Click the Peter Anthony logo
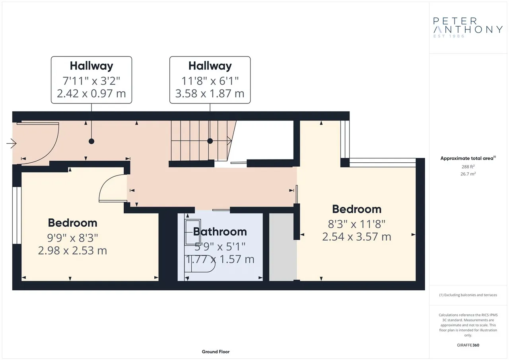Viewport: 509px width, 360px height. click(468, 28)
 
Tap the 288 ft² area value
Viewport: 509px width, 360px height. click(468, 167)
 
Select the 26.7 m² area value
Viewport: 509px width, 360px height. click(468, 174)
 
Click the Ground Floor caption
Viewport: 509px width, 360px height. click(216, 352)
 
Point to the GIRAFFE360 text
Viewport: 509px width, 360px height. click(468, 345)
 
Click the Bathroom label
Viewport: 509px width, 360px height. click(220, 232)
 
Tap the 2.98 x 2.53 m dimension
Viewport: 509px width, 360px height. click(72, 251)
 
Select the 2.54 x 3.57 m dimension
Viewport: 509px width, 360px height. click(357, 237)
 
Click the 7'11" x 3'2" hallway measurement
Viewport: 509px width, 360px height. click(91, 81)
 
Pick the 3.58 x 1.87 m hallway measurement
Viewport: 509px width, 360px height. click(210, 93)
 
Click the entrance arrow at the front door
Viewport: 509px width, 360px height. click(12, 144)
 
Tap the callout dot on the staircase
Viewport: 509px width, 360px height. click(210, 141)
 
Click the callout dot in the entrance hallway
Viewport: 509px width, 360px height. click(91, 141)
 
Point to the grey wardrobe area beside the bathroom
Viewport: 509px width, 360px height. click(283, 247)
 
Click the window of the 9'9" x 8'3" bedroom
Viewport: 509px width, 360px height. click(17, 215)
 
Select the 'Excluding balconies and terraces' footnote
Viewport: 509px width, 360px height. click(468, 295)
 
